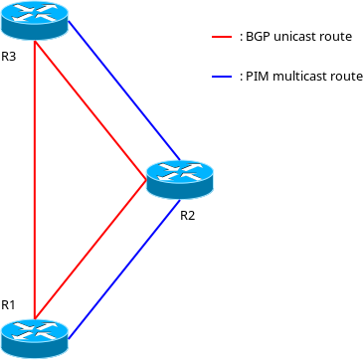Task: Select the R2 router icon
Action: [180, 179]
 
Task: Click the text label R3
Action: [9, 56]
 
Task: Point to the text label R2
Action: [188, 215]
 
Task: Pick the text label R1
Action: [9, 304]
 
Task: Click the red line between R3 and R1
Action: [35, 179]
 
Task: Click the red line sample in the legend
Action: [223, 36]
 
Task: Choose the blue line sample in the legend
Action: [223, 76]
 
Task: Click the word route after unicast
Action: [335, 36]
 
